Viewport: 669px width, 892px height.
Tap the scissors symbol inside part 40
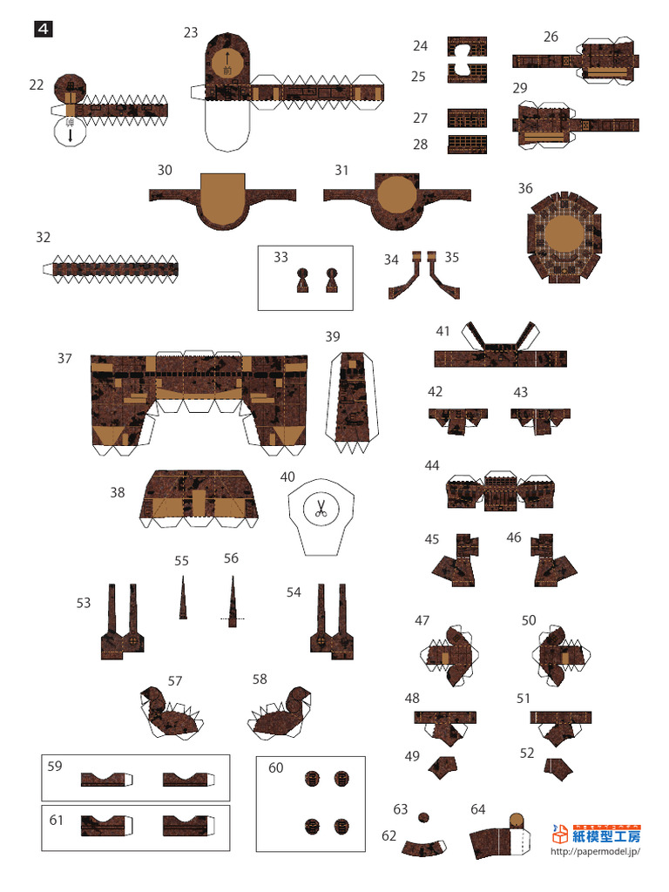click(321, 508)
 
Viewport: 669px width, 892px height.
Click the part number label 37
click(65, 358)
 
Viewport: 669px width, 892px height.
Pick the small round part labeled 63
click(424, 816)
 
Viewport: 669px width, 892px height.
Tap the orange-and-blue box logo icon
click(562, 835)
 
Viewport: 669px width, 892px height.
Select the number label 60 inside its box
click(276, 767)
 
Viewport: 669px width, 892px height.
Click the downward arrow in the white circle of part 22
click(71, 136)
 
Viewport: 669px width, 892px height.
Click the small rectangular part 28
click(467, 145)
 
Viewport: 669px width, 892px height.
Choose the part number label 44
click(432, 465)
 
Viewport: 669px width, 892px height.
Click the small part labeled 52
click(557, 767)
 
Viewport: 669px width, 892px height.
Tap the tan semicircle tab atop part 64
click(516, 820)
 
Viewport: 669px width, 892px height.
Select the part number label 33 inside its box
click(280, 257)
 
